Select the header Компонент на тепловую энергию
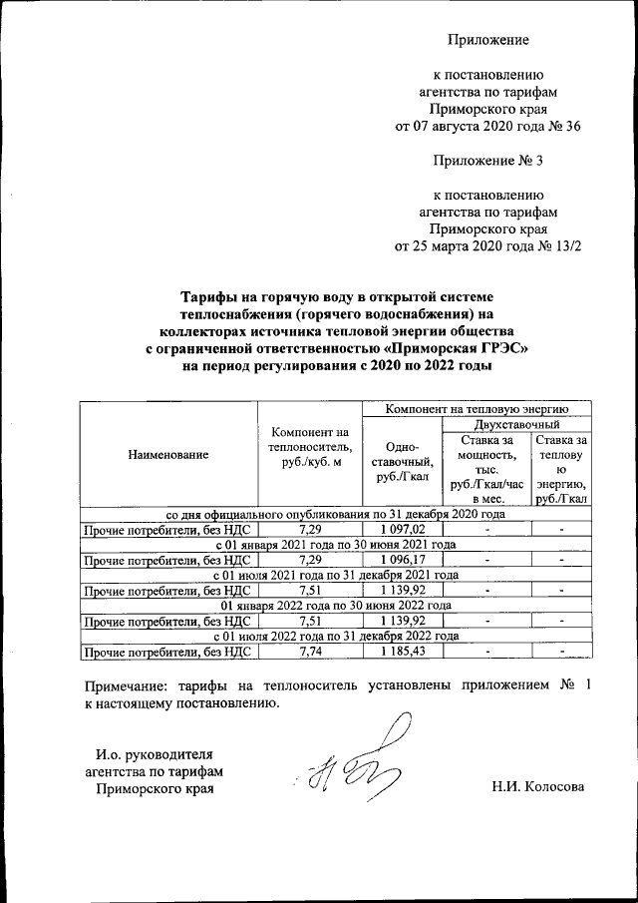(477, 408)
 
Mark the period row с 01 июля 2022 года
(336, 636)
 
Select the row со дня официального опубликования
(336, 514)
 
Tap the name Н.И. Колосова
(536, 786)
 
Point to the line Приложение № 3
(487, 160)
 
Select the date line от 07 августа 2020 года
(487, 127)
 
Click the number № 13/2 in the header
(558, 245)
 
